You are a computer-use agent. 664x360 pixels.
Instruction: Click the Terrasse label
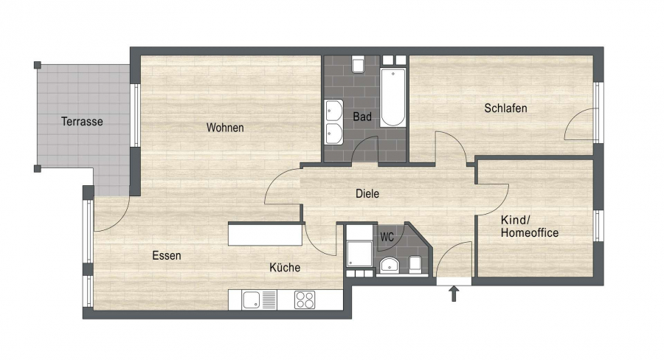click(x=82, y=122)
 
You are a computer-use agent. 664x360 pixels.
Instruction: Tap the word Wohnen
click(x=225, y=128)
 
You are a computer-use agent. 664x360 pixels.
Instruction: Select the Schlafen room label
click(x=505, y=108)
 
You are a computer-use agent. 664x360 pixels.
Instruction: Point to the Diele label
click(x=367, y=194)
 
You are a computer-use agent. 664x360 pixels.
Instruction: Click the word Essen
click(x=167, y=256)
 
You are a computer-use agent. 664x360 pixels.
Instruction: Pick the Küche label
click(x=285, y=267)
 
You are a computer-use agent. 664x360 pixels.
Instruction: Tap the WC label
click(x=387, y=238)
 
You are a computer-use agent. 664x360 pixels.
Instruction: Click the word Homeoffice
click(x=530, y=232)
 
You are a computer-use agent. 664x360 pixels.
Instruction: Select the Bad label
click(x=362, y=117)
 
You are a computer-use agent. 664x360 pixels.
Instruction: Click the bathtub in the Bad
click(x=392, y=97)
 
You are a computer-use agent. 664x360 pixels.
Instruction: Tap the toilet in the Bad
click(x=359, y=64)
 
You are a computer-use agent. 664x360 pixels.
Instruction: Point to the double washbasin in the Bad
click(x=334, y=122)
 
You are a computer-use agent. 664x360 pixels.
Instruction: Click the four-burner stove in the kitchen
click(x=305, y=300)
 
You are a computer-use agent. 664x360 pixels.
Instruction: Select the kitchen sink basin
click(x=251, y=300)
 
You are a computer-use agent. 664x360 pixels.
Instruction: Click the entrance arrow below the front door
click(x=454, y=294)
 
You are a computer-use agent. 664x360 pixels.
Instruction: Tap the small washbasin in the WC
click(x=389, y=265)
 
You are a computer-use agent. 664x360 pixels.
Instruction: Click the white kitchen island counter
click(x=265, y=235)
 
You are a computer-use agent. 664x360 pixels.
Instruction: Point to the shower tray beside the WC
click(x=359, y=254)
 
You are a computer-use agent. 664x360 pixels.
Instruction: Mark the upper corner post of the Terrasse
click(x=38, y=65)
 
